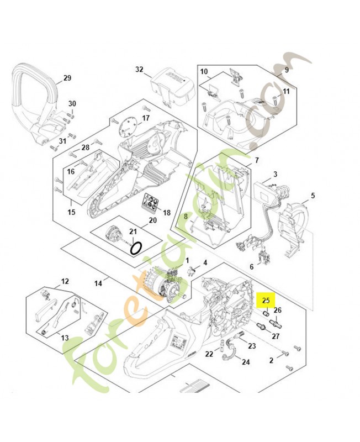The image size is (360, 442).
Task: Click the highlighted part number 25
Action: tap(267, 301)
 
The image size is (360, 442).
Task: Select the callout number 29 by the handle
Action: tap(67, 78)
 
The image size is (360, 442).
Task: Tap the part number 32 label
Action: tap(139, 70)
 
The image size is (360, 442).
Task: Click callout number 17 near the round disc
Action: tap(146, 118)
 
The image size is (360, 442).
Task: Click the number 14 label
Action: tap(98, 283)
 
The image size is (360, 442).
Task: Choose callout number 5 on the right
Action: tap(313, 196)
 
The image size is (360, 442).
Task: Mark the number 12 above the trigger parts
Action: tap(65, 281)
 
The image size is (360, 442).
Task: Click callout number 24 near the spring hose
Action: tap(246, 362)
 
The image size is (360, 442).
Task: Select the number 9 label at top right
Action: tap(287, 70)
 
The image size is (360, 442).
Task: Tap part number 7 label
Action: tap(256, 160)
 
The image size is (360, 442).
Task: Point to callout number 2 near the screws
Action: tap(271, 360)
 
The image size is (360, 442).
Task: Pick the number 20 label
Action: tap(152, 220)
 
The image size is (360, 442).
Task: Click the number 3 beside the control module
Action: tap(275, 175)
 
